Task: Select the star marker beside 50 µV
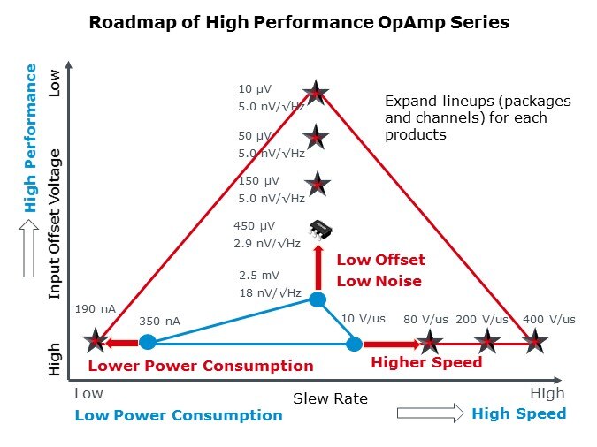(316, 137)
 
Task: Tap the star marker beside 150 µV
(318, 185)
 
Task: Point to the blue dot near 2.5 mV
(317, 299)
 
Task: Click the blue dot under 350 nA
(148, 342)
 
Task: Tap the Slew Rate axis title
(330, 398)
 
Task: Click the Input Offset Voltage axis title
(55, 224)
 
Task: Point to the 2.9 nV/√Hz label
(268, 243)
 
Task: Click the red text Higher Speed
(426, 362)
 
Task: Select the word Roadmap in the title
(130, 23)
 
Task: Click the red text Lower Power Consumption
(200, 366)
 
